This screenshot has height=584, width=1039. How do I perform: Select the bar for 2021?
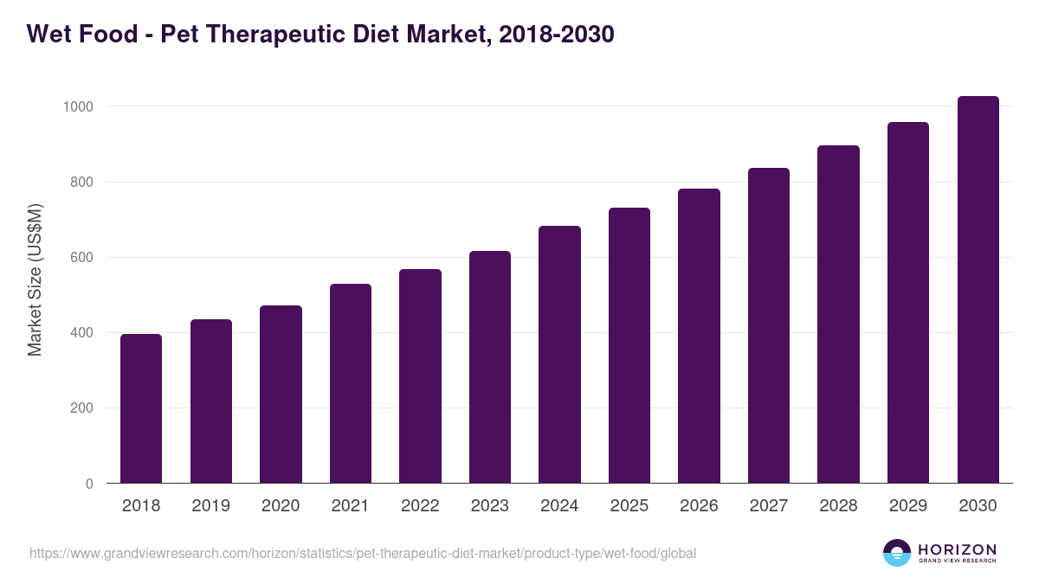click(351, 383)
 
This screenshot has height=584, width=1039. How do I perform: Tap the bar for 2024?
click(559, 355)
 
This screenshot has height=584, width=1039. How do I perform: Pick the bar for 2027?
click(769, 325)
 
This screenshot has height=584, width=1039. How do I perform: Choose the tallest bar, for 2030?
click(978, 290)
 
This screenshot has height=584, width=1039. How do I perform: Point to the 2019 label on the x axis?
click(210, 506)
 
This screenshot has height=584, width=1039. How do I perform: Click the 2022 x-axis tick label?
click(420, 506)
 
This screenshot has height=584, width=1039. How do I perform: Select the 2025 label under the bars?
click(629, 506)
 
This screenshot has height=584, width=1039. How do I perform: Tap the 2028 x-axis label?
click(838, 506)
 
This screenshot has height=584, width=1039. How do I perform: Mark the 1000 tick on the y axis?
click(78, 106)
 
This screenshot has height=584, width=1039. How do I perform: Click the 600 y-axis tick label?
click(81, 258)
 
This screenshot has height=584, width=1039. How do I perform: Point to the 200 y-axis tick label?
click(81, 408)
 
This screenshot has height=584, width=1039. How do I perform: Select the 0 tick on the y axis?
click(89, 484)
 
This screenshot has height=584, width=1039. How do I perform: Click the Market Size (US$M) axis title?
click(35, 279)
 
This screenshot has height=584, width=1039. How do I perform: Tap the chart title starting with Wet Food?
click(320, 34)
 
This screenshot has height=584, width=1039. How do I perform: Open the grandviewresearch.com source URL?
click(362, 553)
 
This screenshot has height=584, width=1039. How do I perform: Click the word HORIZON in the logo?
click(957, 549)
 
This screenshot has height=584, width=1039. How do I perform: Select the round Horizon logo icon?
click(897, 553)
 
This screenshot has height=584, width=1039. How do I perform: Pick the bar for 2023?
click(490, 367)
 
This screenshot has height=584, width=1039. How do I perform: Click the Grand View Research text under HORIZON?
click(957, 562)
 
